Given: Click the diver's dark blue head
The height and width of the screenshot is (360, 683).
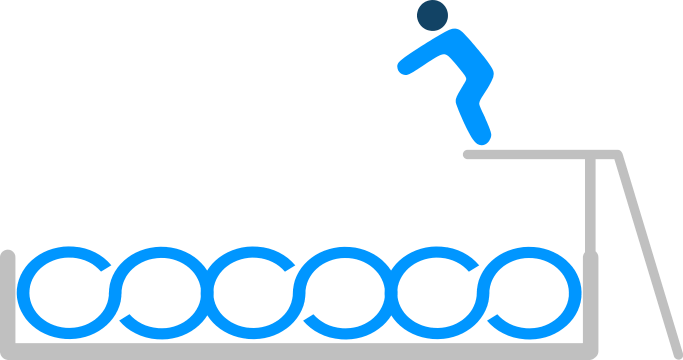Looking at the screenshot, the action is [x=432, y=15].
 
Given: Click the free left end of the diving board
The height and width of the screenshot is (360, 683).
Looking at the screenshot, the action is [x=468, y=154].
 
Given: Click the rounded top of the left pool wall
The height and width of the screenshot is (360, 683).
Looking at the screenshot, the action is [x=8, y=255].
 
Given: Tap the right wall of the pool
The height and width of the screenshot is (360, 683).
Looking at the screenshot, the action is [x=590, y=300].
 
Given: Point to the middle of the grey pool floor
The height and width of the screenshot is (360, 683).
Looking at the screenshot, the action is [x=300, y=351].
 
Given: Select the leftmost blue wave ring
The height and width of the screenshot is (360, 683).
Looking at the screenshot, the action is [x=64, y=296].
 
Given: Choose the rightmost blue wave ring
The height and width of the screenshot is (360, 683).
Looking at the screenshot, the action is [x=532, y=296].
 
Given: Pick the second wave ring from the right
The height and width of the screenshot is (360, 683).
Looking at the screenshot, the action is [x=440, y=296].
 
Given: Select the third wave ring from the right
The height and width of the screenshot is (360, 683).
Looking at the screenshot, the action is [x=346, y=296].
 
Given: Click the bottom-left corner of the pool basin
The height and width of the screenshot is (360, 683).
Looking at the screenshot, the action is [x=9, y=350].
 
